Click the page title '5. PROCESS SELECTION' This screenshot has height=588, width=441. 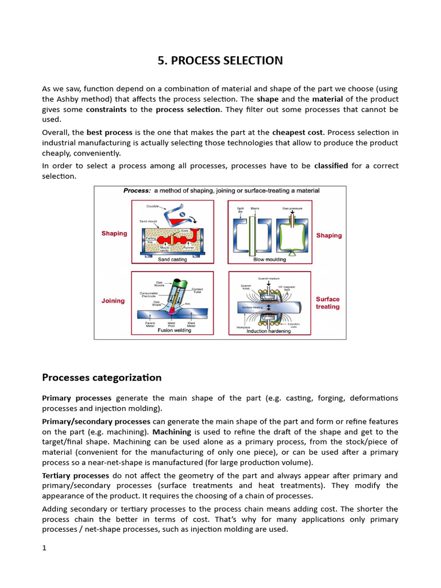click(x=220, y=61)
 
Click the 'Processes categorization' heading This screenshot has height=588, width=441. click(x=102, y=377)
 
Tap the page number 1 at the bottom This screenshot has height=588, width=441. click(x=44, y=548)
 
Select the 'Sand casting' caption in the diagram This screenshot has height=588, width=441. click(x=172, y=260)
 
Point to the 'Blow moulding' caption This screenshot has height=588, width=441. click(x=269, y=260)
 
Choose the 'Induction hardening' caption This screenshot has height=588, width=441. click(x=269, y=331)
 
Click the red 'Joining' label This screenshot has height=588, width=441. click(x=113, y=301)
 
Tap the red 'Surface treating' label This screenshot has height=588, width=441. click(x=328, y=303)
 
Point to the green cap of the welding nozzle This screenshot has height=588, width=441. click(x=178, y=281)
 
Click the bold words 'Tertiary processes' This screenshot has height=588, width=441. click(x=75, y=475)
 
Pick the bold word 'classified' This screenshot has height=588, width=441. click(x=331, y=165)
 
